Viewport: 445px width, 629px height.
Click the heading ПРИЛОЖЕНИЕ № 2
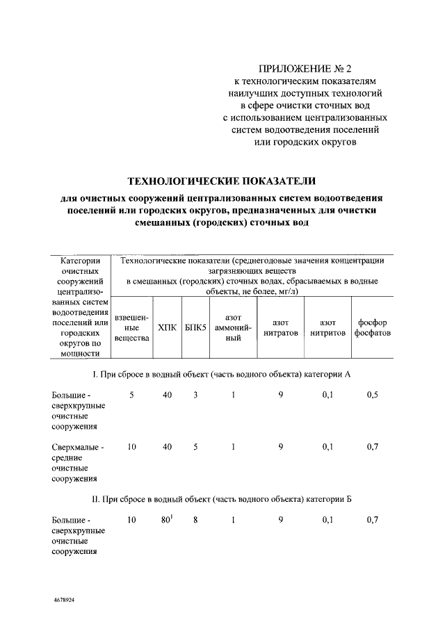pos(305,69)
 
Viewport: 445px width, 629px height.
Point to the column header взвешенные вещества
pos(131,327)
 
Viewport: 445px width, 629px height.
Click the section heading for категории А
pos(221,375)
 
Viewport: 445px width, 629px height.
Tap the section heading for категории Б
pos(221,500)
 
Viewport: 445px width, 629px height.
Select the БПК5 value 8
pos(196,520)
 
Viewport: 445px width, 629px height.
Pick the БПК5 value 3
pos(196,395)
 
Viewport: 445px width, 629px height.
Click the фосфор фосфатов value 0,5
pos(373,395)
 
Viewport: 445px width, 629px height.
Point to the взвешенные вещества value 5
pos(131,395)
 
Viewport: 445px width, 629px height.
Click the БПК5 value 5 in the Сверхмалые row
pos(196,447)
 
